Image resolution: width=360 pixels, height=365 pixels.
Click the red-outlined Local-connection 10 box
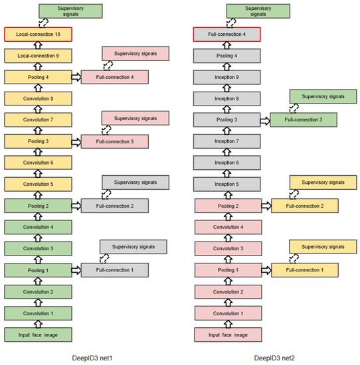coord(37,33)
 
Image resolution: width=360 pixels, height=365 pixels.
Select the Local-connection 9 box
coord(37,55)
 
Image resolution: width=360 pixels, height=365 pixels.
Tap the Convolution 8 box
coord(37,99)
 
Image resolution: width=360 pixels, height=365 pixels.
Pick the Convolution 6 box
coord(37,163)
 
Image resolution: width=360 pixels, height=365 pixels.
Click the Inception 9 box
coord(227,77)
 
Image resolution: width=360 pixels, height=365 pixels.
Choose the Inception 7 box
coord(227,141)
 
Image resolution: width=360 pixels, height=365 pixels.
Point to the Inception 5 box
coord(227,184)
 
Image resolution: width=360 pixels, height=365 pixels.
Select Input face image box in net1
coord(37,334)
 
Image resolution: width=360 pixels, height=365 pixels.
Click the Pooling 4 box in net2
coord(227,56)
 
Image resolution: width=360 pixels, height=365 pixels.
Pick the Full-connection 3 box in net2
coord(304,120)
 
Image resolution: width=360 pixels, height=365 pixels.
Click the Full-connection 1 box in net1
coord(115,270)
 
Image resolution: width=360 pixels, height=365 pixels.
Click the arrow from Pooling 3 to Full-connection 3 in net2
coord(265,120)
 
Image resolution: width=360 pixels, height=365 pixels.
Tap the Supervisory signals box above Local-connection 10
coord(70,11)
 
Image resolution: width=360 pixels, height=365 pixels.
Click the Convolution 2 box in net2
coord(227,292)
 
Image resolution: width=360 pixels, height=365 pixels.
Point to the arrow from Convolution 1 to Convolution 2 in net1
coord(37,303)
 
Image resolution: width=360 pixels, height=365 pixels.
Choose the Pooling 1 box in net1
coord(37,270)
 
